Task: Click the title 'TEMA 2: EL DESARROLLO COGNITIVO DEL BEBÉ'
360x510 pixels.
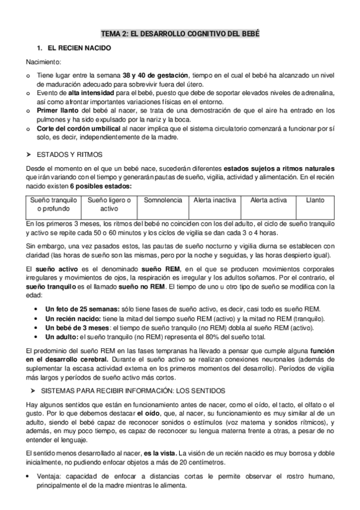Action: coord(180,34)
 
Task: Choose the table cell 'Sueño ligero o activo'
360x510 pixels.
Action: coord(109,204)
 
